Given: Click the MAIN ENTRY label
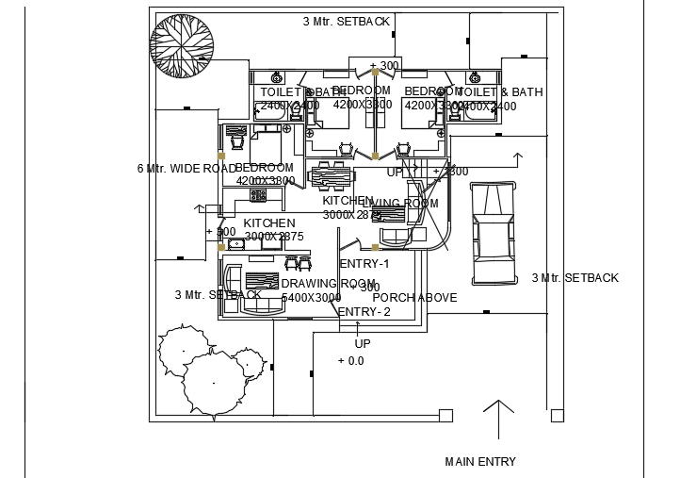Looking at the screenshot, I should tap(480, 461).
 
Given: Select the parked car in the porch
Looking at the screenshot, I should tap(494, 233).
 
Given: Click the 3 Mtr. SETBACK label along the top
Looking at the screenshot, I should tap(346, 21).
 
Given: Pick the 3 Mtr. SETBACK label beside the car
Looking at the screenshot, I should tap(575, 278).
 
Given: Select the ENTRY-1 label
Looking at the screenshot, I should tap(364, 264).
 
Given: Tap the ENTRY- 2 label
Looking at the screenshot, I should tap(364, 312).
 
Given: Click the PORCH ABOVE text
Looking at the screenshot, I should tap(414, 297).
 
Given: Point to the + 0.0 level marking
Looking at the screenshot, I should tap(350, 361).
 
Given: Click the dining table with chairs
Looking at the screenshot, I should tap(332, 176).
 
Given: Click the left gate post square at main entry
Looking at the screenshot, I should tap(446, 415).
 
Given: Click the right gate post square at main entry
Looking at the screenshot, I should tap(557, 415).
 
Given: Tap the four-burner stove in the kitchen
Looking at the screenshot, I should tap(258, 195).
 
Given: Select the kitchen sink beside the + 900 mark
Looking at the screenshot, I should tap(236, 244).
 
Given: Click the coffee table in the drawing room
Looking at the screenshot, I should tap(260, 280).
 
